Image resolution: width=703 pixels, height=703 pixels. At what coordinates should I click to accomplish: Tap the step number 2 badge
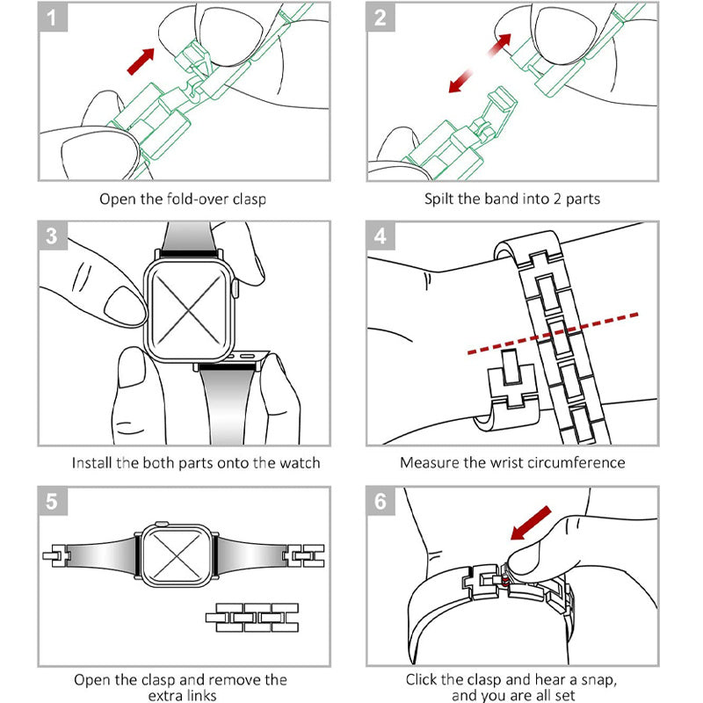(380, 18)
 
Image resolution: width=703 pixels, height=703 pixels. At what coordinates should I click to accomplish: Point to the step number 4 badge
(380, 236)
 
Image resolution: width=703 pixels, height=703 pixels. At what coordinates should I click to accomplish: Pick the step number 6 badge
(380, 502)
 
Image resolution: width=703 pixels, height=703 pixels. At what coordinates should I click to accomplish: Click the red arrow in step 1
(141, 62)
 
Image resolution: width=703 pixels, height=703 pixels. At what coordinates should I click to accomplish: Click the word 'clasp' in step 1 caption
(247, 199)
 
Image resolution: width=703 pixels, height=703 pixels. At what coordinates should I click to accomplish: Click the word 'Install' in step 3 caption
(92, 462)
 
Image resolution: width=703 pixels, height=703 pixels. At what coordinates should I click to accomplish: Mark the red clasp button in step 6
(507, 579)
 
